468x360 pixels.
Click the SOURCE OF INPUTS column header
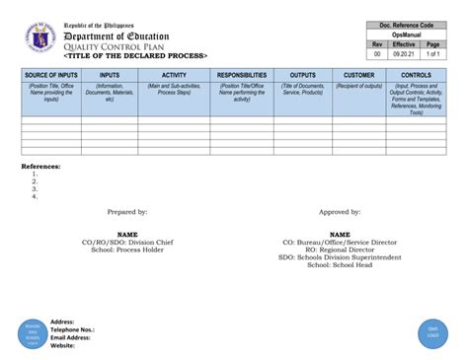tap(50, 75)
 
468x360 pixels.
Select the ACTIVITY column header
tap(174, 75)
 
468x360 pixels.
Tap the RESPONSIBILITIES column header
tap(242, 75)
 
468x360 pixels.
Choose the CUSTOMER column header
tap(358, 75)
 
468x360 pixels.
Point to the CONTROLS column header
tap(416, 75)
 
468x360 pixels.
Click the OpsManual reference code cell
tap(406, 35)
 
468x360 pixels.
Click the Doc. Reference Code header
tap(406, 24)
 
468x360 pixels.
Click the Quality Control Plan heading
tap(115, 46)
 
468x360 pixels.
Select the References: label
tap(41, 167)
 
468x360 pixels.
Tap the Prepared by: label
tap(127, 211)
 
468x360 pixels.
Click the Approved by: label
tap(339, 211)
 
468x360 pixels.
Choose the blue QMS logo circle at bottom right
tap(431, 331)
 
